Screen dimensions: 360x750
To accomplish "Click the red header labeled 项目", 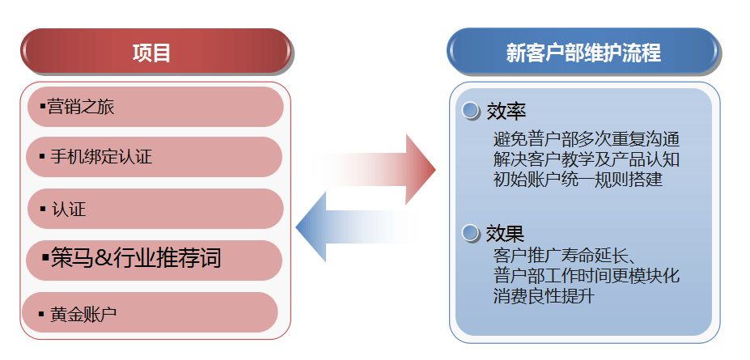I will pos(154,53).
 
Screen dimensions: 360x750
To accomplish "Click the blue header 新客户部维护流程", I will pos(583,53).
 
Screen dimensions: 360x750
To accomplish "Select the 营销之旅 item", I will pos(155,107).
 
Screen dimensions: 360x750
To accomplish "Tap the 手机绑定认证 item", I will pos(155,157).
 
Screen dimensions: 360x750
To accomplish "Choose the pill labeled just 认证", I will pos(155,209).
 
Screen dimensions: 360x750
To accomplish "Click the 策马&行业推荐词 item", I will pos(155,260).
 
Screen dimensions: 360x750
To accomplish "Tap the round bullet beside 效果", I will pos(472,234).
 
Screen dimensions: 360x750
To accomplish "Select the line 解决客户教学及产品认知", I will pos(586,159).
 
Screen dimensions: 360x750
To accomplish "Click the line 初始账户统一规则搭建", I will pos(578,180).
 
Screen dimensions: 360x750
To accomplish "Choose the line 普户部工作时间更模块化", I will pos(586,277).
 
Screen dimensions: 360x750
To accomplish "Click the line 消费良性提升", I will pos(544,297).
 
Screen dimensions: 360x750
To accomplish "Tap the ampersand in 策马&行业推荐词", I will pos(103,260).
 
